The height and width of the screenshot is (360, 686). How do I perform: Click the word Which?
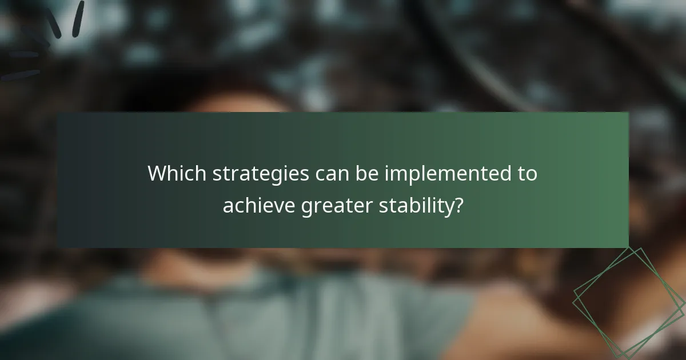tap(177, 174)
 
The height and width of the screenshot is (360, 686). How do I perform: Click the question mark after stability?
tap(457, 205)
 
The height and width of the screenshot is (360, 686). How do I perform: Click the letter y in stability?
tap(446, 207)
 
